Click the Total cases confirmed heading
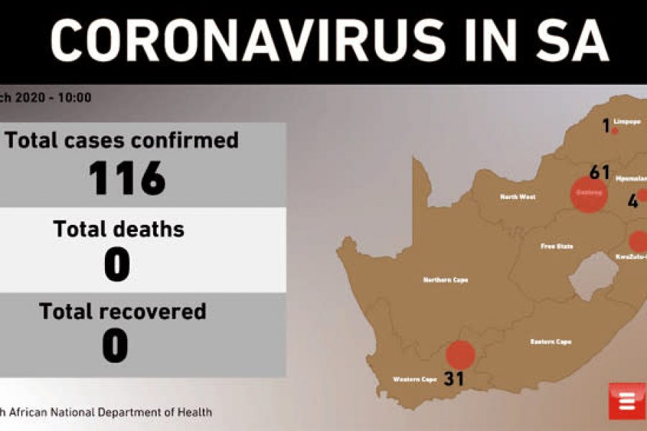(122, 140)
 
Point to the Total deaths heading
(119, 229)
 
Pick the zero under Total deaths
(116, 265)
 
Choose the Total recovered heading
(122, 311)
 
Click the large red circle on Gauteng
(588, 195)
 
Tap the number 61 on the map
(599, 172)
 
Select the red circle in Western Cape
(460, 355)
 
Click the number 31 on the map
(454, 378)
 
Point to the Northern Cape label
(446, 280)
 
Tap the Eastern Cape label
(551, 341)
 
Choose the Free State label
(557, 246)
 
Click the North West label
(518, 196)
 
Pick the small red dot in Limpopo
(615, 131)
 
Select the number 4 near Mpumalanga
(633, 202)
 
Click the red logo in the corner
(627, 401)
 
